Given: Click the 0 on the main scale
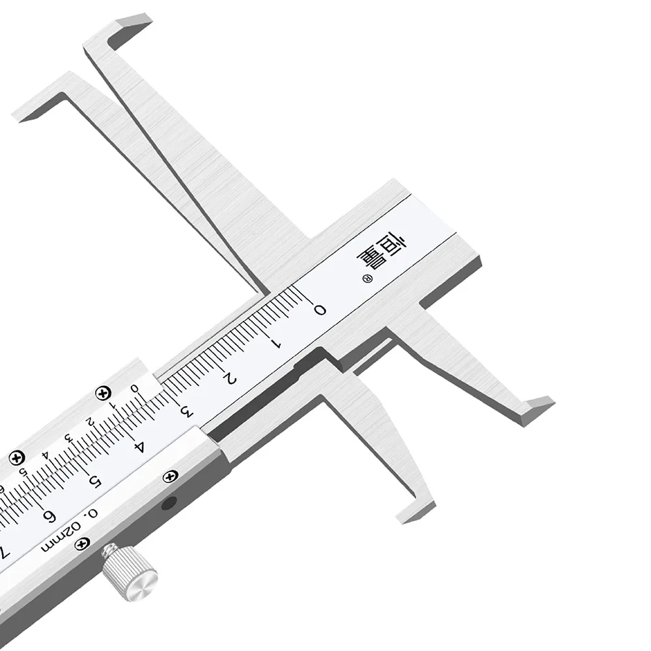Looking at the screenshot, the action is (320, 310).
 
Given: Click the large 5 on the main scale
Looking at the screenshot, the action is (95, 481).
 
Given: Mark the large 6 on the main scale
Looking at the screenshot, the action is (49, 516).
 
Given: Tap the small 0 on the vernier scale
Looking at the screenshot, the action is (134, 389).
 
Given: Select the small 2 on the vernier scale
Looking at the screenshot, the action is (89, 422).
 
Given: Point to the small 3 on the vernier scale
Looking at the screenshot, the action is (68, 438).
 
